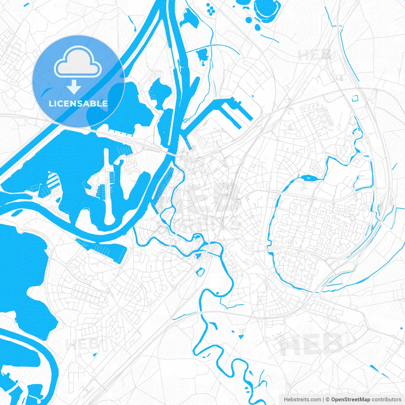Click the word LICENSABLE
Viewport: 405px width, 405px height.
(78, 103)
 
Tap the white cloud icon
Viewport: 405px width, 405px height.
(78, 62)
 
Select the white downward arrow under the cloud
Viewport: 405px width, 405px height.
(74, 87)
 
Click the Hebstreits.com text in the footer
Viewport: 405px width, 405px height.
(302, 400)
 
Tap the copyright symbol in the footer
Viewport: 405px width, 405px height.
(328, 400)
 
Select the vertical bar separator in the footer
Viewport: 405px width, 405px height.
(323, 400)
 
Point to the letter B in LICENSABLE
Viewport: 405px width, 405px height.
(93, 103)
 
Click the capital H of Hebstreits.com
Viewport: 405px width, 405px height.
(286, 400)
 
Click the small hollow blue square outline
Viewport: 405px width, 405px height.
(355, 98)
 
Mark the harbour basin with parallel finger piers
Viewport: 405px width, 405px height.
(234, 111)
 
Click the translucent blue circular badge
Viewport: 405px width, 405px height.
(78, 81)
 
